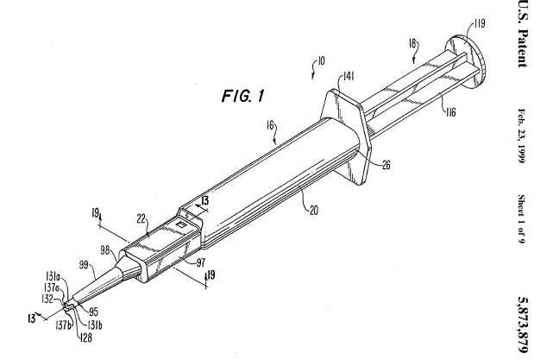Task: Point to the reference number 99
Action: click(85, 267)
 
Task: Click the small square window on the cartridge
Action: click(180, 223)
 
